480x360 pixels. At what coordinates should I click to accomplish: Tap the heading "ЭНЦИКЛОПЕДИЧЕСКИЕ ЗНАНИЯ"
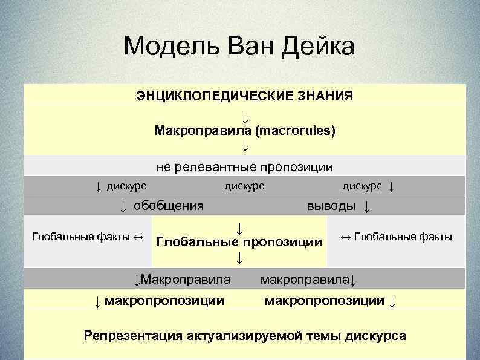pos(245,96)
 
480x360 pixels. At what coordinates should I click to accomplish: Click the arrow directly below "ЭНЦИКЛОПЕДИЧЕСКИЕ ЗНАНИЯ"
pos(245,115)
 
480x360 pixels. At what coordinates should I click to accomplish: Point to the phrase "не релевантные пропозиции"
pos(245,166)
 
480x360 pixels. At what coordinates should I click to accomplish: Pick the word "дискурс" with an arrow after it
pos(362,185)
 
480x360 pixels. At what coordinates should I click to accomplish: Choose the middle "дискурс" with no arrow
pos(244,185)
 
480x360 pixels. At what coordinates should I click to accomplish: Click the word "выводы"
pos(331,206)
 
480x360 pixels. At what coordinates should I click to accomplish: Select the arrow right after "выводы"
pos(366,206)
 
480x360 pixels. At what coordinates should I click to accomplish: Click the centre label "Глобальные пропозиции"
pos(239,243)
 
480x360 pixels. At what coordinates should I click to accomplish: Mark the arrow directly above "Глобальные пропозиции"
pos(239,228)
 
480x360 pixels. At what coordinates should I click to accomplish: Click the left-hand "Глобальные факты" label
pos(80,237)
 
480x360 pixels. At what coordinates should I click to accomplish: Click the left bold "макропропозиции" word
pos(164,300)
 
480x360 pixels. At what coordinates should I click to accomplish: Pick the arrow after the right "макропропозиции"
pos(392,301)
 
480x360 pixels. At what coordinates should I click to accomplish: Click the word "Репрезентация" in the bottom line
pos(126,335)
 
